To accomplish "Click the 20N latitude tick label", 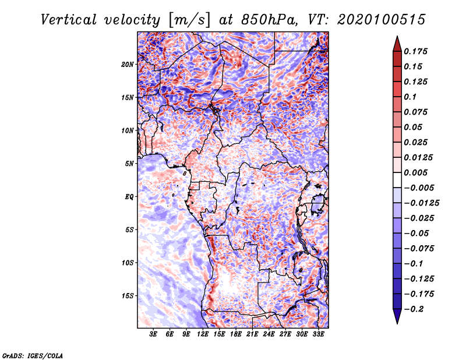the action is point(128,65).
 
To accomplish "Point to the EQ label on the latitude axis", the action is point(129,197).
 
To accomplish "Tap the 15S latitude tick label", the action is point(128,296).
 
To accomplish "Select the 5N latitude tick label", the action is point(129,164).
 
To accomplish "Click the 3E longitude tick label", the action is point(153,334).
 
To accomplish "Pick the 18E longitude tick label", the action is point(236,334).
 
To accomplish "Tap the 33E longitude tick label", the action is point(318,334).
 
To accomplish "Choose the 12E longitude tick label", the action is point(203,334).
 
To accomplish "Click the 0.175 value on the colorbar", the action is point(415,51).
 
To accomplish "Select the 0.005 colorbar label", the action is point(415,172).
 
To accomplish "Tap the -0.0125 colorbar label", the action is point(421,203).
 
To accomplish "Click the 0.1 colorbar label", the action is point(410,97).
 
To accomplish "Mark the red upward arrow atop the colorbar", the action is point(397,44).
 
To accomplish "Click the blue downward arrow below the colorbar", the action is point(397,316).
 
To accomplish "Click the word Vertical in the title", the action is point(69,20).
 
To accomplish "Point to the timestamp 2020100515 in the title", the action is point(382,20).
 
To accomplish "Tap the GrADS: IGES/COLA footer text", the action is point(33,355).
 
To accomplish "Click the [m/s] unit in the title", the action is point(189,20).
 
